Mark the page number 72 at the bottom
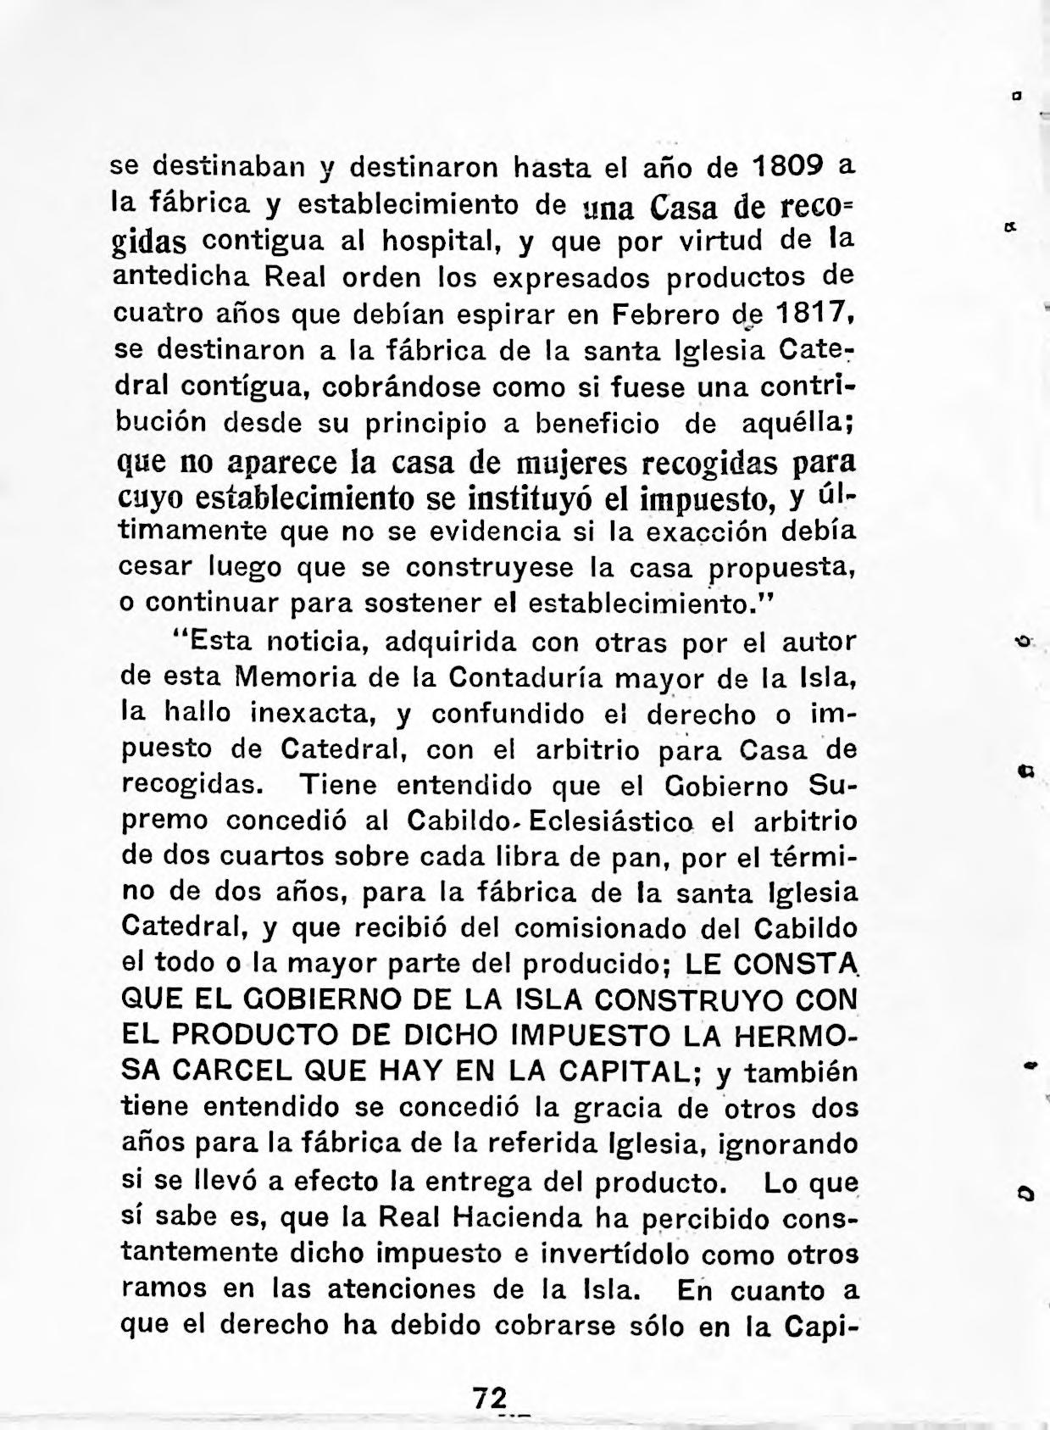pyautogui.click(x=491, y=1395)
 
